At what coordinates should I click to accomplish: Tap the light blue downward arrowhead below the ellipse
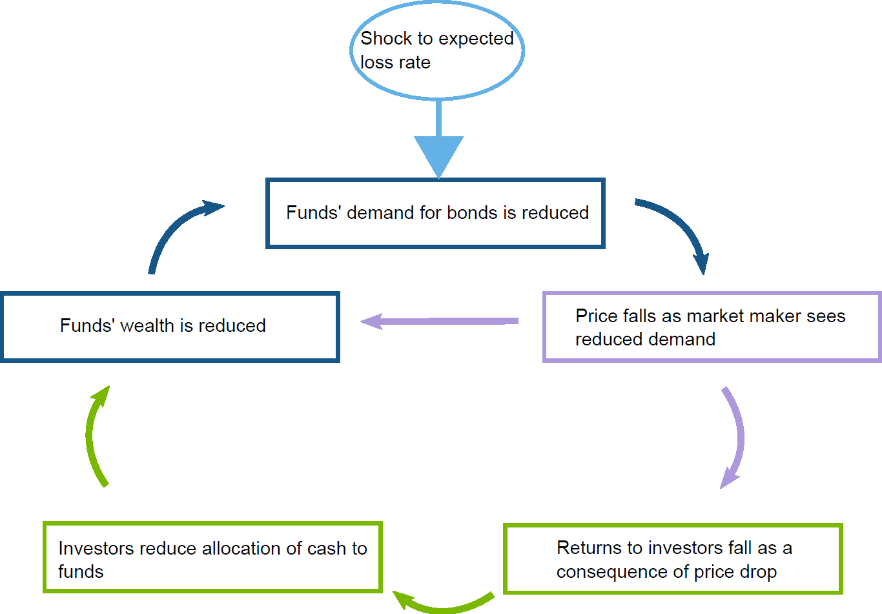click(x=438, y=155)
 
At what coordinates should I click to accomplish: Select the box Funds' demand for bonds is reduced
click(x=435, y=214)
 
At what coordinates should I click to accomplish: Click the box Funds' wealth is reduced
click(x=170, y=327)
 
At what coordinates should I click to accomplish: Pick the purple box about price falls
click(x=712, y=327)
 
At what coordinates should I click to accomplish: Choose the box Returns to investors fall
click(x=673, y=559)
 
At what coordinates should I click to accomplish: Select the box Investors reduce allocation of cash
click(x=212, y=558)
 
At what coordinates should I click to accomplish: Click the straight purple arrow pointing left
click(x=439, y=321)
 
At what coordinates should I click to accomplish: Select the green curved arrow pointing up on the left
click(x=93, y=436)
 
